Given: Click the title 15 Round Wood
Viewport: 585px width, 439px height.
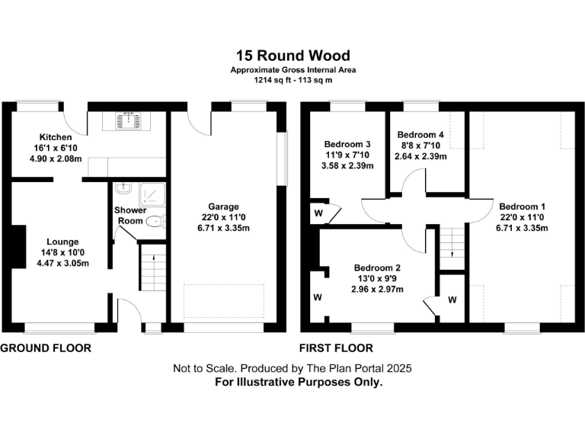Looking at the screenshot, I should (293, 56).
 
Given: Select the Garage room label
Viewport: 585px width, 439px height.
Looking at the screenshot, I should (225, 206).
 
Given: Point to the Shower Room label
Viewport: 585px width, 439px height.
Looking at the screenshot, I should (129, 215).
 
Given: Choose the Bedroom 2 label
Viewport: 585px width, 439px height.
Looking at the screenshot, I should (377, 268).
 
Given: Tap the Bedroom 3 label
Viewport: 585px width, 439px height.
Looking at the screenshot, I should (347, 144).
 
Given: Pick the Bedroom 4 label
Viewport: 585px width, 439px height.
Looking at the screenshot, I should (420, 134).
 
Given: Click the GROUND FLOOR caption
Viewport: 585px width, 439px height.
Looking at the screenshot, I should (46, 348).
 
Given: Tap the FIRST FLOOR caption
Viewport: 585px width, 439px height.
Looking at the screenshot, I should (336, 348).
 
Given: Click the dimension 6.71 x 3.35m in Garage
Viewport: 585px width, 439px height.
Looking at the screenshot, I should (225, 228).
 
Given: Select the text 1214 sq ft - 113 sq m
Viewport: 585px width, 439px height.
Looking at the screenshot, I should (293, 80).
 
